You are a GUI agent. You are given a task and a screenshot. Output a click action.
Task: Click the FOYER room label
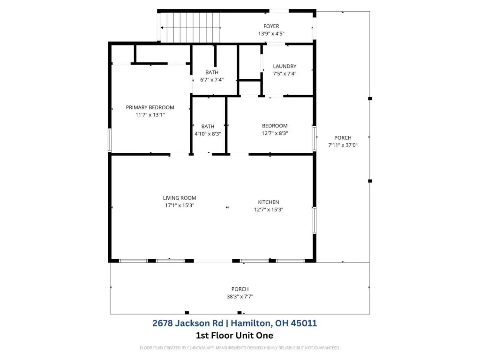pyautogui.click(x=271, y=26)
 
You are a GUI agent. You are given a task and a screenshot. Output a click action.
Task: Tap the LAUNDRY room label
pyautogui.click(x=285, y=66)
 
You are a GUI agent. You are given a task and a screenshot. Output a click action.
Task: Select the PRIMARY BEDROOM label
pyautogui.click(x=150, y=107)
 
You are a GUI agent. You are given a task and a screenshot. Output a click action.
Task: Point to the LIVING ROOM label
pyautogui.click(x=180, y=198)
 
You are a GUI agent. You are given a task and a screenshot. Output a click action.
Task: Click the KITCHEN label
pyautogui.click(x=269, y=202)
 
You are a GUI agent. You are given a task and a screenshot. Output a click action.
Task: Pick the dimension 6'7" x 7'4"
pyautogui.click(x=212, y=80)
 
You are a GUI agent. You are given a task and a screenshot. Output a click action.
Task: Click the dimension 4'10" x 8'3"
pyautogui.click(x=208, y=134)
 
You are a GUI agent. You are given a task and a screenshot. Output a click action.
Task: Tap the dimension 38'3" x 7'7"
pyautogui.click(x=240, y=296)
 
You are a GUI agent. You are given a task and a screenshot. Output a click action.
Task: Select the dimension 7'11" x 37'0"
pyautogui.click(x=343, y=145)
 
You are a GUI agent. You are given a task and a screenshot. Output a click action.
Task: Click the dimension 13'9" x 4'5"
pyautogui.click(x=271, y=34)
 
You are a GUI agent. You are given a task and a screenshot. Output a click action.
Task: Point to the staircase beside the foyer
pyautogui.click(x=190, y=28)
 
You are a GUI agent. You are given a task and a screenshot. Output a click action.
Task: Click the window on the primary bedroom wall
pyautogui.click(x=110, y=140)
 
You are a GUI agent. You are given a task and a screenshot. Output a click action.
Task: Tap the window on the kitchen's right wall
pyautogui.click(x=315, y=220)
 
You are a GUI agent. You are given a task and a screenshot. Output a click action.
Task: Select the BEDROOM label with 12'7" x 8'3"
pyautogui.click(x=275, y=126)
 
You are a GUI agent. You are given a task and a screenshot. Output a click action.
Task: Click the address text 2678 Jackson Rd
pyautogui.click(x=187, y=323)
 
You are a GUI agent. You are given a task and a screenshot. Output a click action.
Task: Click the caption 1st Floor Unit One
pyautogui.click(x=234, y=336)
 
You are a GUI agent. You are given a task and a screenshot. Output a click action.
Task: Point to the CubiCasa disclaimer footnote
pyautogui.click(x=240, y=348)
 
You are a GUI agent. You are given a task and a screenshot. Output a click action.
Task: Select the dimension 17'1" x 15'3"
pyautogui.click(x=180, y=205)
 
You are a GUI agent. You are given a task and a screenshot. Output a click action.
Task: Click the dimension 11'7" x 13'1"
pyautogui.click(x=150, y=115)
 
